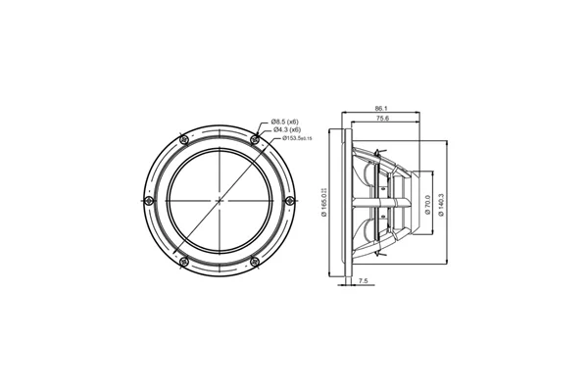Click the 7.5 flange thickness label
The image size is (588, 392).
point(365,280)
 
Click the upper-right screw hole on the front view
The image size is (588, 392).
point(255,140)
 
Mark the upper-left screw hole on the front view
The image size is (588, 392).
point(182,140)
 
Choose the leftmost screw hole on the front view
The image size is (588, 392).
point(147,201)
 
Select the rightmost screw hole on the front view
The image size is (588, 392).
point(290,201)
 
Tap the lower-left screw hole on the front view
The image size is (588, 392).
point(182,262)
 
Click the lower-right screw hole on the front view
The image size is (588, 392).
point(255,262)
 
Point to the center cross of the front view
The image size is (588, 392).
point(219,201)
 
